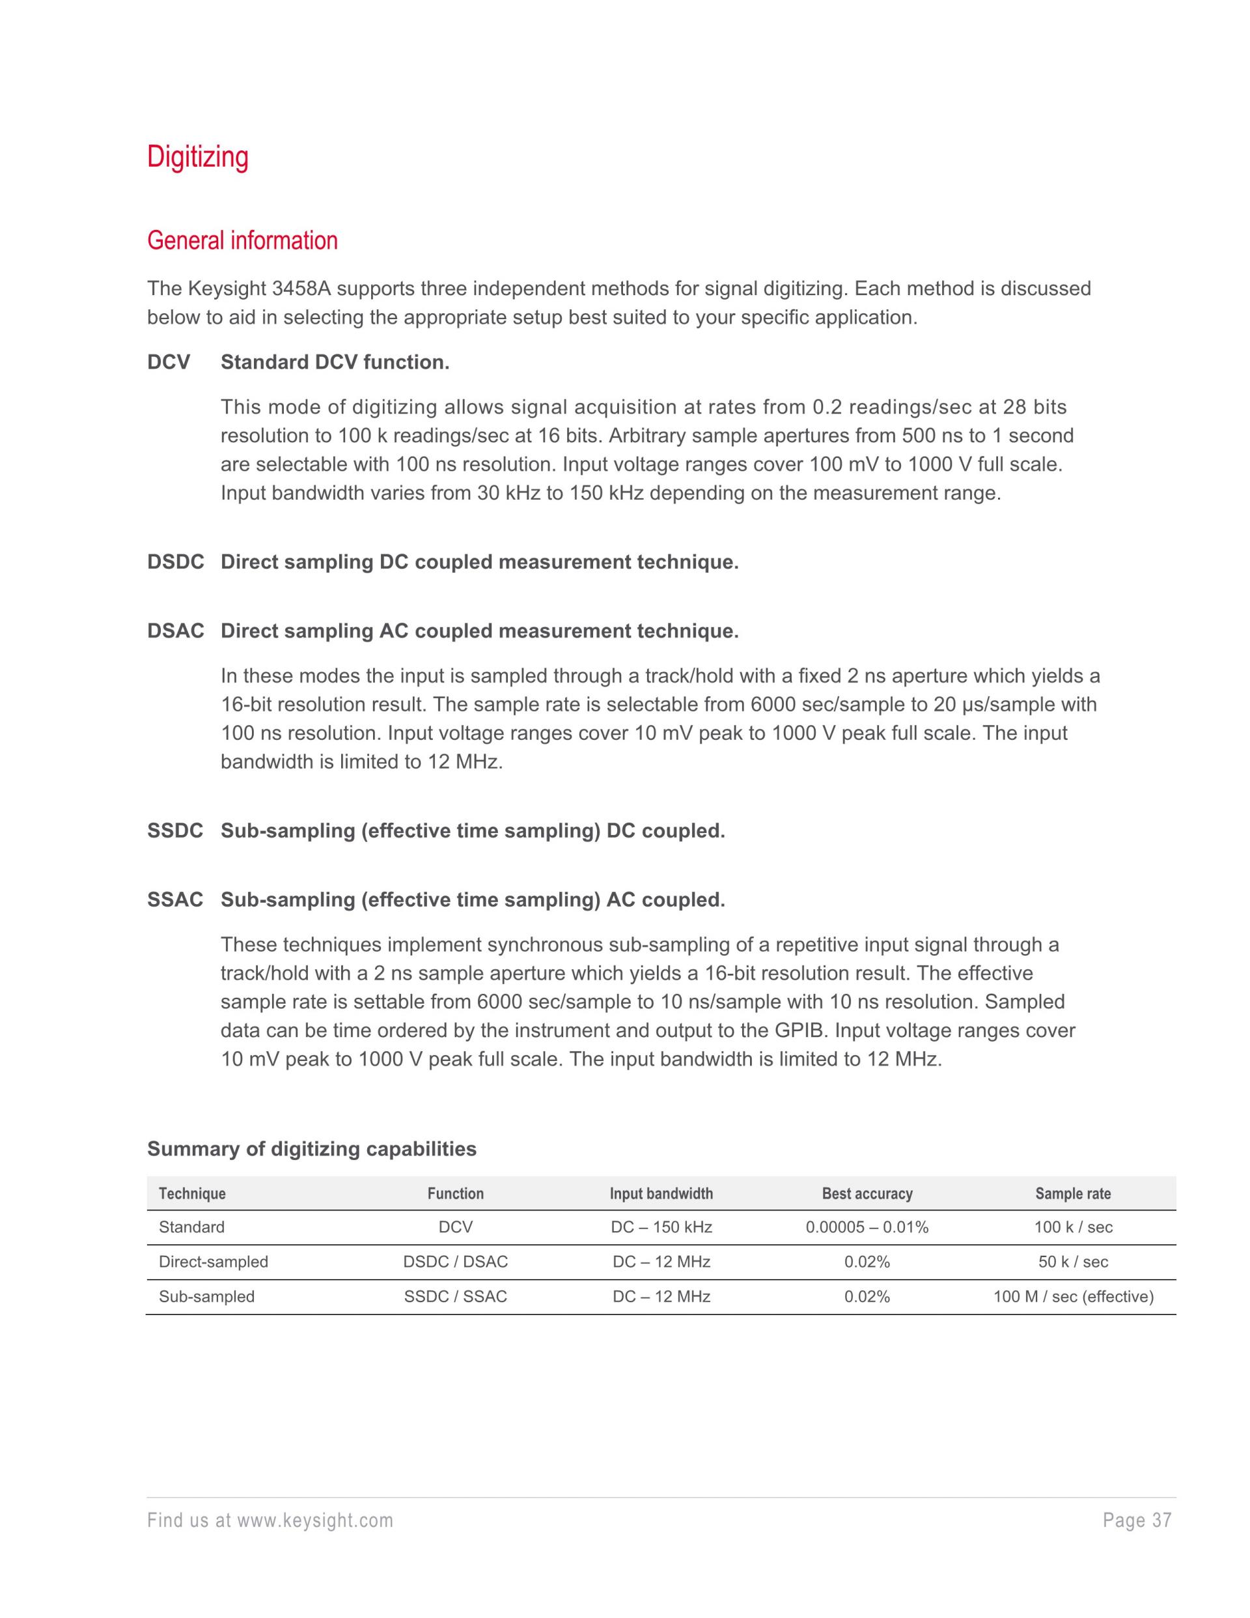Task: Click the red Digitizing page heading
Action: click(198, 157)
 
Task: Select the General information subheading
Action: click(242, 241)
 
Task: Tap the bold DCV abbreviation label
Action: click(169, 362)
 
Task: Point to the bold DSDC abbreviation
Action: click(176, 562)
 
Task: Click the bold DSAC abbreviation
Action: click(176, 631)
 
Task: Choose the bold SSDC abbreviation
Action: click(174, 831)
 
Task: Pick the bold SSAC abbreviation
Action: click(174, 900)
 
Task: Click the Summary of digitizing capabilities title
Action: click(312, 1149)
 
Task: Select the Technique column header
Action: click(192, 1193)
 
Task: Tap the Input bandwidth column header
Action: click(661, 1193)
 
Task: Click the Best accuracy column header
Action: click(867, 1193)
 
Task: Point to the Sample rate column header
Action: click(1073, 1193)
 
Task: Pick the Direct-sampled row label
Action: click(214, 1262)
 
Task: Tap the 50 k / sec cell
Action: click(1073, 1262)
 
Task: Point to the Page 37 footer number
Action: click(1137, 1521)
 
